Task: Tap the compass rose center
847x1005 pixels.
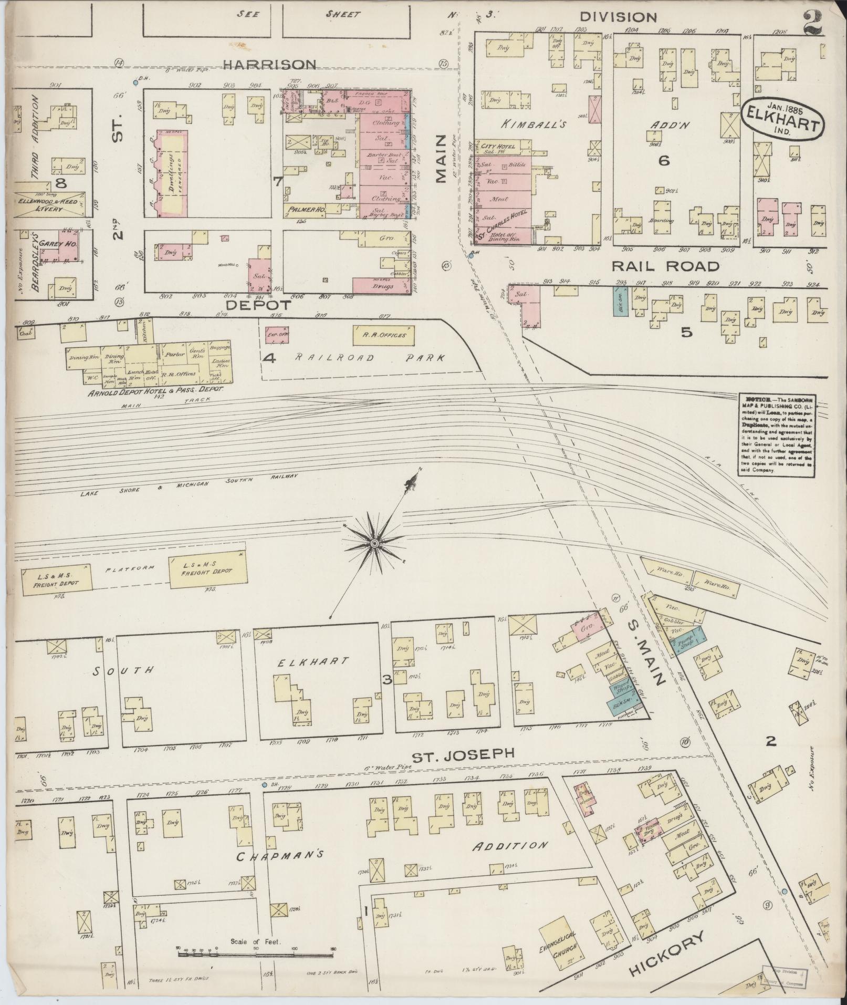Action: (374, 543)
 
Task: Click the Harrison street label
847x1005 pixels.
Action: (269, 65)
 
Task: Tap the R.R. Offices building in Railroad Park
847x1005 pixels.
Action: (384, 335)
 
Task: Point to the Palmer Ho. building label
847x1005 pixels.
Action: (304, 210)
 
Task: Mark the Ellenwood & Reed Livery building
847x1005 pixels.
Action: (47, 205)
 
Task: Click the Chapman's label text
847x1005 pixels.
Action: (278, 856)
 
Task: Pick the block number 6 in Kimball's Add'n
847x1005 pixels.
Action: (664, 160)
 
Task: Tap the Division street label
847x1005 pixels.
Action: (619, 17)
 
